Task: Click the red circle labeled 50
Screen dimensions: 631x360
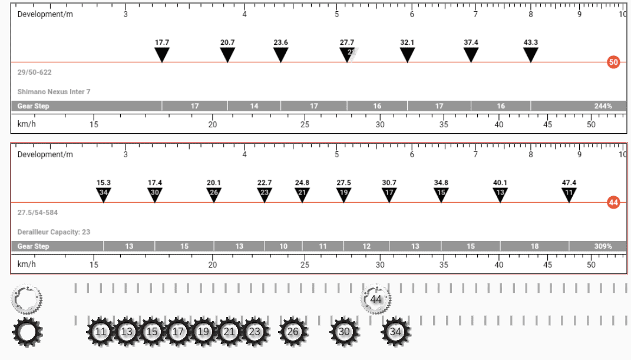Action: point(613,62)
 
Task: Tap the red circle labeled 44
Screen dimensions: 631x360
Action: point(613,202)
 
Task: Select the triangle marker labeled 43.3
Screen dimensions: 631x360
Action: point(530,54)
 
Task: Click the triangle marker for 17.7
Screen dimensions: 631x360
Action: point(162,54)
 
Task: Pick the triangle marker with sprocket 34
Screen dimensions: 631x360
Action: point(104,194)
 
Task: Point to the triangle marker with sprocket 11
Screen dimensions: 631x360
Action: point(569,194)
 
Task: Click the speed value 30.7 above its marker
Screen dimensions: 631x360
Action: point(389,183)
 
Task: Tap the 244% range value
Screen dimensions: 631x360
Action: point(603,106)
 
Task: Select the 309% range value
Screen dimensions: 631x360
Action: point(603,246)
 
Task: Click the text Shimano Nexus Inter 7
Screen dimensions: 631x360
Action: point(54,92)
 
